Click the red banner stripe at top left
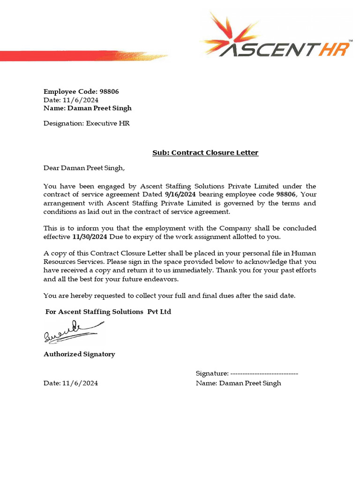[70, 55]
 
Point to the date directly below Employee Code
[71, 100]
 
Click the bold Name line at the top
[88, 108]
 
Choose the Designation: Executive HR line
[87, 124]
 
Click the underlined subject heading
[205, 153]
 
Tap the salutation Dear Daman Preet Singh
[84, 167]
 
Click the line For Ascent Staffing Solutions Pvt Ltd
[108, 312]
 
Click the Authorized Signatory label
[79, 354]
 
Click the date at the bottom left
[71, 383]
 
